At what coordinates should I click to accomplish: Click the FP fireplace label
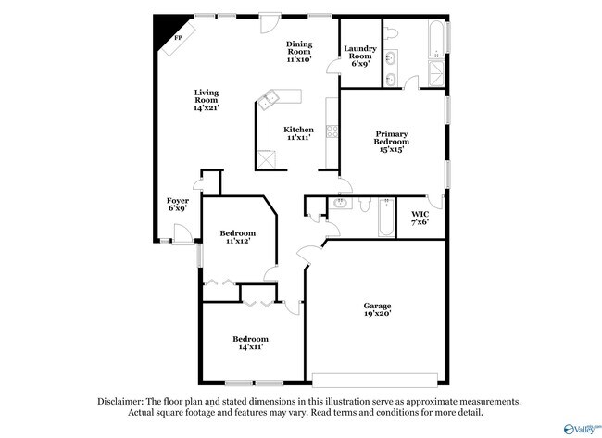[x=178, y=38]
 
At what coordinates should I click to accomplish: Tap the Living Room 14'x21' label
[x=207, y=100]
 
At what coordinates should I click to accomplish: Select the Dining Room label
[x=299, y=47]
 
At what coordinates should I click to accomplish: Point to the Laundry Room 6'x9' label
[x=360, y=56]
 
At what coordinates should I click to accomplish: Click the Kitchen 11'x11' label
[x=299, y=133]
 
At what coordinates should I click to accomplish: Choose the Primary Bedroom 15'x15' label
[x=392, y=142]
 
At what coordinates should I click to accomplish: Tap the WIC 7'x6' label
[x=420, y=218]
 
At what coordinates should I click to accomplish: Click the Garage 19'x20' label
[x=377, y=309]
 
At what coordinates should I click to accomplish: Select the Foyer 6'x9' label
[x=178, y=205]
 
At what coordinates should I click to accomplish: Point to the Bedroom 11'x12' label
[x=238, y=237]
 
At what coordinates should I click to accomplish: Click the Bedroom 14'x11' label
[x=250, y=343]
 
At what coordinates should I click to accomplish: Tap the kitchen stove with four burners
[x=332, y=131]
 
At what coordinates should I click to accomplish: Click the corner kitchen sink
[x=268, y=99]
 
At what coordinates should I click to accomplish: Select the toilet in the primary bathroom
[x=391, y=32]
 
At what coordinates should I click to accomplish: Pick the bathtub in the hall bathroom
[x=386, y=218]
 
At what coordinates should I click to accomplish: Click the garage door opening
[x=375, y=380]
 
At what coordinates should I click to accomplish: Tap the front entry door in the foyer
[x=182, y=233]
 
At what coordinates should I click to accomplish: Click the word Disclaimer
[x=120, y=402]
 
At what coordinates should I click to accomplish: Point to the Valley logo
[x=582, y=429]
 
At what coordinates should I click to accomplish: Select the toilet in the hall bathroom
[x=364, y=205]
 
